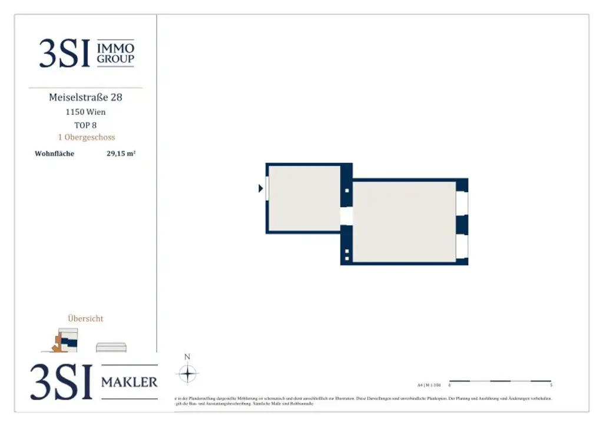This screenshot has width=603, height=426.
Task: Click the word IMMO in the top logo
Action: click(115, 48)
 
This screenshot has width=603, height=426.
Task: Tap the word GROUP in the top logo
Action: click(115, 59)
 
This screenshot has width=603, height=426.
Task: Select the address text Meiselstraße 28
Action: click(85, 97)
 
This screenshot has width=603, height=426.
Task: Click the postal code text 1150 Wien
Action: click(85, 112)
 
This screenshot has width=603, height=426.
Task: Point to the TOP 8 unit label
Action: click(85, 125)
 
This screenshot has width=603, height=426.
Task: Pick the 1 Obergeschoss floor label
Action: click(86, 137)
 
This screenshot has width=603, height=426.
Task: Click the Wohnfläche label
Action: click(55, 154)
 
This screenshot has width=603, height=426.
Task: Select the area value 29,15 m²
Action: click(121, 154)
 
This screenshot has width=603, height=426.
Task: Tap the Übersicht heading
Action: click(85, 318)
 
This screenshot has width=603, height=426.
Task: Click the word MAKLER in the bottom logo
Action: click(130, 382)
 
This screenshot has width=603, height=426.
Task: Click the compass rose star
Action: click(187, 374)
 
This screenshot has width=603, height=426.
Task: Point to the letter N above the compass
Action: click(187, 357)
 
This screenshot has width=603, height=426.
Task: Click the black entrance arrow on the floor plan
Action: click(261, 188)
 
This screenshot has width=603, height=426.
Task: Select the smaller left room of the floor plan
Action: click(304, 198)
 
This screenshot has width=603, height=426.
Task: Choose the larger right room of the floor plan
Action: click(404, 221)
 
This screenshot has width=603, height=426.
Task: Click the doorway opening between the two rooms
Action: click(346, 215)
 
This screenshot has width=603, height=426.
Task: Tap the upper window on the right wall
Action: click(462, 203)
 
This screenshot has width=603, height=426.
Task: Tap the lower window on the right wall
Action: click(462, 247)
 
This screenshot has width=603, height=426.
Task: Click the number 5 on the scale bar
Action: click(551, 385)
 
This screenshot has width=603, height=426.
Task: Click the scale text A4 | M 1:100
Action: click(429, 385)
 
